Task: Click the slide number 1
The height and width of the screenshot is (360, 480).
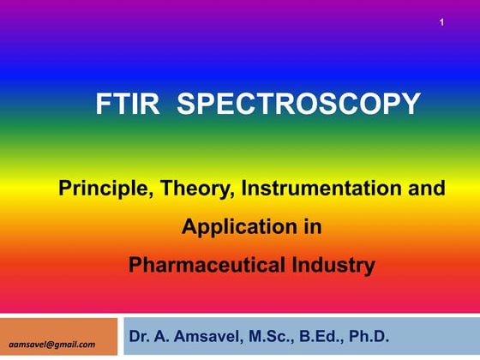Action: click(x=441, y=21)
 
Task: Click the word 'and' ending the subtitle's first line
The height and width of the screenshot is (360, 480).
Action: click(x=428, y=189)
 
